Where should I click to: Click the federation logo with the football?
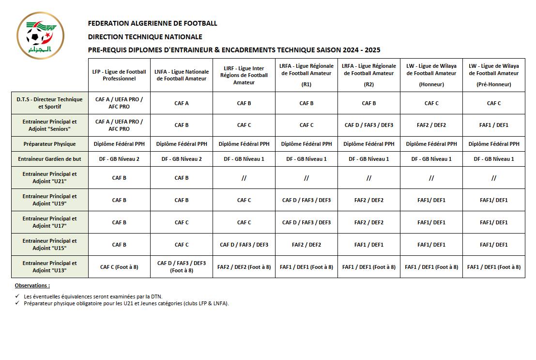click(x=41, y=35)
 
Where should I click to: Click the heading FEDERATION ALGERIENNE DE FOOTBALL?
click(x=153, y=23)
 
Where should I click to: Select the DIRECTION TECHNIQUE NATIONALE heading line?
click(x=145, y=37)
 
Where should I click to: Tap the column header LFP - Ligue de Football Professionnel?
click(x=119, y=75)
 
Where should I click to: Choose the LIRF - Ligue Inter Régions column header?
click(x=244, y=75)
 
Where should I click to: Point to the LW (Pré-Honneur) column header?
click(x=494, y=75)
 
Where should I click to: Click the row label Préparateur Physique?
click(x=50, y=144)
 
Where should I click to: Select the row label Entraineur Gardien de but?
click(x=50, y=159)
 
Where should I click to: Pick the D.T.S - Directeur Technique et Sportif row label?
click(x=50, y=103)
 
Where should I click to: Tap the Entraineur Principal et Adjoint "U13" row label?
click(x=50, y=266)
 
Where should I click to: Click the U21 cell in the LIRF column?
click(x=244, y=178)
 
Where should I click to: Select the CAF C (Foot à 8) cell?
click(x=119, y=267)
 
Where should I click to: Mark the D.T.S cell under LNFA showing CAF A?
click(x=182, y=103)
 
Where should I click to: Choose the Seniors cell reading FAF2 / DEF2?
click(x=431, y=125)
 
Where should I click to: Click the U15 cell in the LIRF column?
click(x=244, y=245)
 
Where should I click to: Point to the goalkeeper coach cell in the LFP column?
click(x=119, y=159)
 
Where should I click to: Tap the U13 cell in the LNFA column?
click(x=182, y=266)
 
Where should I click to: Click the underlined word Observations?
click(x=32, y=286)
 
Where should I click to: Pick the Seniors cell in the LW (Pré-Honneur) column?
click(x=494, y=125)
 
